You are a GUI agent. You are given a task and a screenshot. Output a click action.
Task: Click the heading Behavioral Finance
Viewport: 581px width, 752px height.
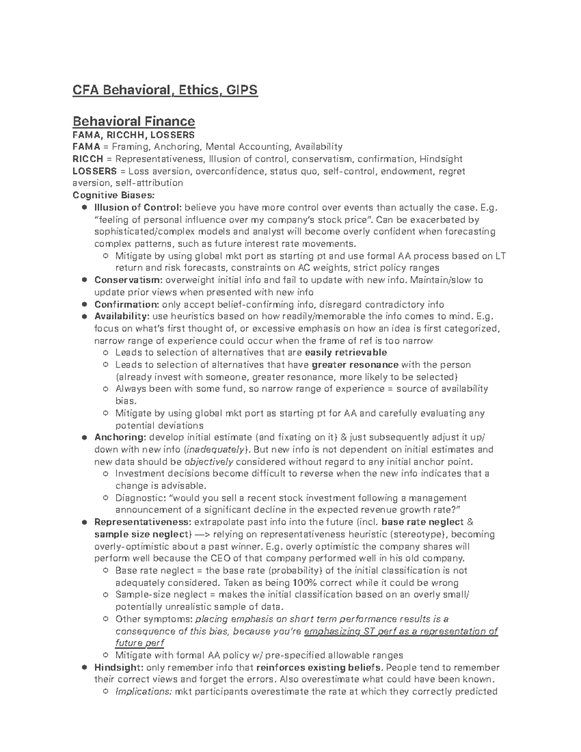pyautogui.click(x=133, y=121)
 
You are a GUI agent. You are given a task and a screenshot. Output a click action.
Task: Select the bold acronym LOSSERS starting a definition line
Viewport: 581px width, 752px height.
pyautogui.click(x=94, y=171)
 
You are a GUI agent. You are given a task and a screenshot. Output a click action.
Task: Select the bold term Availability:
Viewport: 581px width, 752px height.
pyautogui.click(x=122, y=317)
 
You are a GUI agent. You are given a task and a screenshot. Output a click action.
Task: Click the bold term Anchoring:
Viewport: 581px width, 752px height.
pyautogui.click(x=120, y=437)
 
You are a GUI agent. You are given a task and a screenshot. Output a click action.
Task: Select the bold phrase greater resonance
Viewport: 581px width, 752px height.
pyautogui.click(x=355, y=365)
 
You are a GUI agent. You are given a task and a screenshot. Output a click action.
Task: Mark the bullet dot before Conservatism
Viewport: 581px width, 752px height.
pyautogui.click(x=84, y=280)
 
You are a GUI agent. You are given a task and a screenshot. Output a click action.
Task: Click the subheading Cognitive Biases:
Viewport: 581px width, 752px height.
pyautogui.click(x=114, y=195)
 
